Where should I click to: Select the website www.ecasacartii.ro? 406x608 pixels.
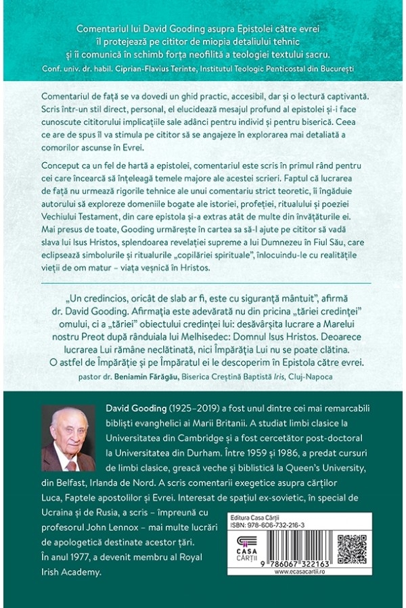point(300,571)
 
